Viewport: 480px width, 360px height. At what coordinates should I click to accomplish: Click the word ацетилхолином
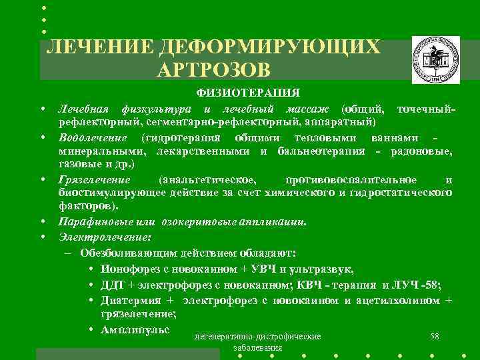click(x=398, y=301)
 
